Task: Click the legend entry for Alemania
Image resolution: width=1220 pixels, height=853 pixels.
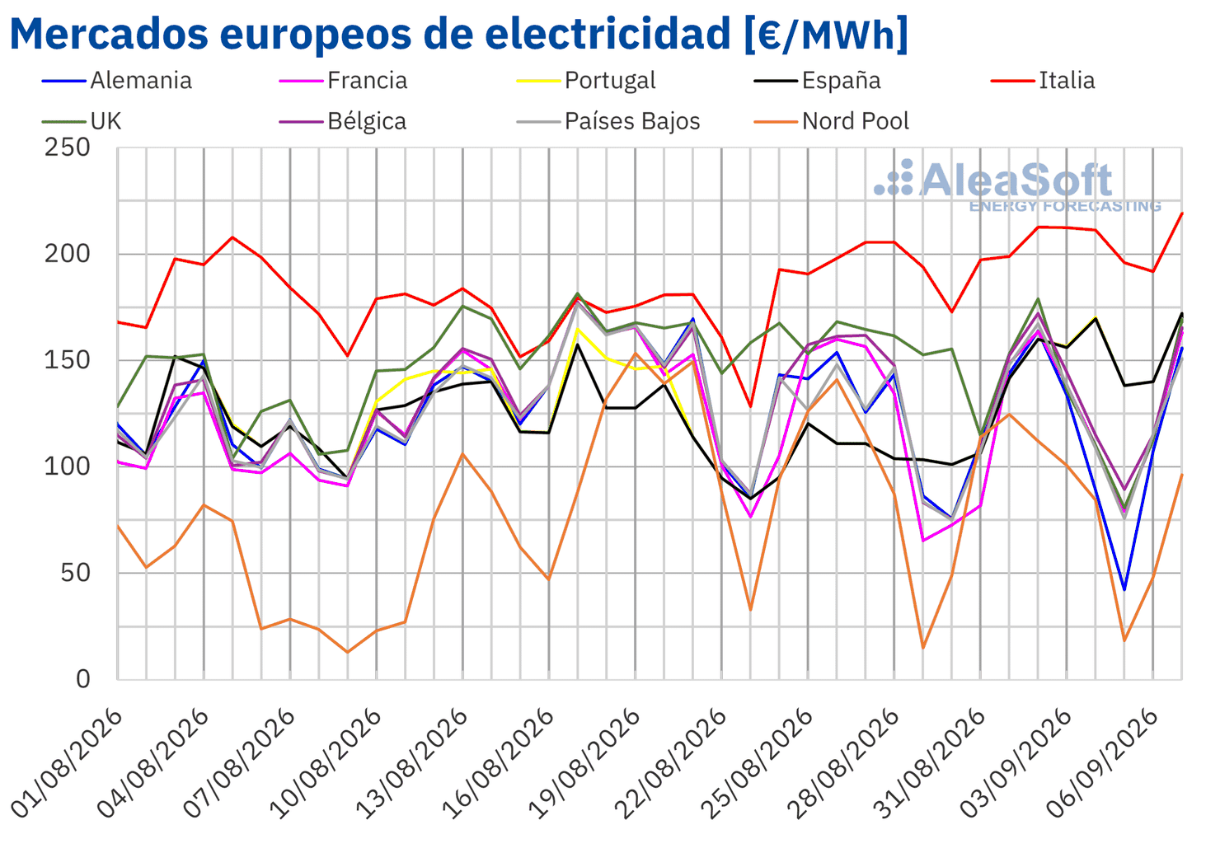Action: [117, 81]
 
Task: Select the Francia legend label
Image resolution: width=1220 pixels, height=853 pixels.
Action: [343, 81]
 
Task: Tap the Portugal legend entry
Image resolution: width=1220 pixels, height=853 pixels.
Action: [586, 81]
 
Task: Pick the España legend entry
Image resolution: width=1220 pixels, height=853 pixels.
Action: [817, 81]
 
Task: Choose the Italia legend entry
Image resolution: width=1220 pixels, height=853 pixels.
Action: [1043, 81]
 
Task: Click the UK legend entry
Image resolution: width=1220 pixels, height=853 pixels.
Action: [82, 121]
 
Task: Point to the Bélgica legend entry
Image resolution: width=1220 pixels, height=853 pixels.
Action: [343, 121]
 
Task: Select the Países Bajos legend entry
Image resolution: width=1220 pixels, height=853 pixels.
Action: [608, 121]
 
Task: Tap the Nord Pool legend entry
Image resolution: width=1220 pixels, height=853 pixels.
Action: [832, 121]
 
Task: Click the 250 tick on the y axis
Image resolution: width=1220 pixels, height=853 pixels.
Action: [67, 148]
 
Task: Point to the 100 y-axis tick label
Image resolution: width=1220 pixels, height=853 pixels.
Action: [67, 466]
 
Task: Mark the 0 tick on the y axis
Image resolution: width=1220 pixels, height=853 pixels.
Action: [82, 679]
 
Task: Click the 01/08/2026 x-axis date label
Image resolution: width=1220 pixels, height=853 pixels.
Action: [68, 762]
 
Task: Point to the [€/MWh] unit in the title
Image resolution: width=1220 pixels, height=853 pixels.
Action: [826, 34]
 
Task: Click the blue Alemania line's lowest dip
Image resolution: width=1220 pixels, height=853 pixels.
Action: [1124, 589]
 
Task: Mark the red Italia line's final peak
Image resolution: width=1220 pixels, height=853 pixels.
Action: [1181, 213]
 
